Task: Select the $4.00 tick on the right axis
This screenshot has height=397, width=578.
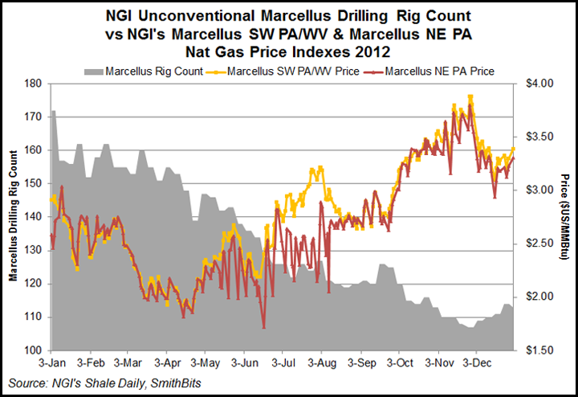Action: pos(540,84)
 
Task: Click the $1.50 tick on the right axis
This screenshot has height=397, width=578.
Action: pos(540,350)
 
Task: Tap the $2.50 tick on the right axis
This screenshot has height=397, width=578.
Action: pos(540,244)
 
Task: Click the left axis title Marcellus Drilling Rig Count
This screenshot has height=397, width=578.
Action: pos(14,217)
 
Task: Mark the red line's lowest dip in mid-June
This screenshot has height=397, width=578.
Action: pos(263,327)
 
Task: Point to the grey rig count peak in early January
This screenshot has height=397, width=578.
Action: pos(53,111)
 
